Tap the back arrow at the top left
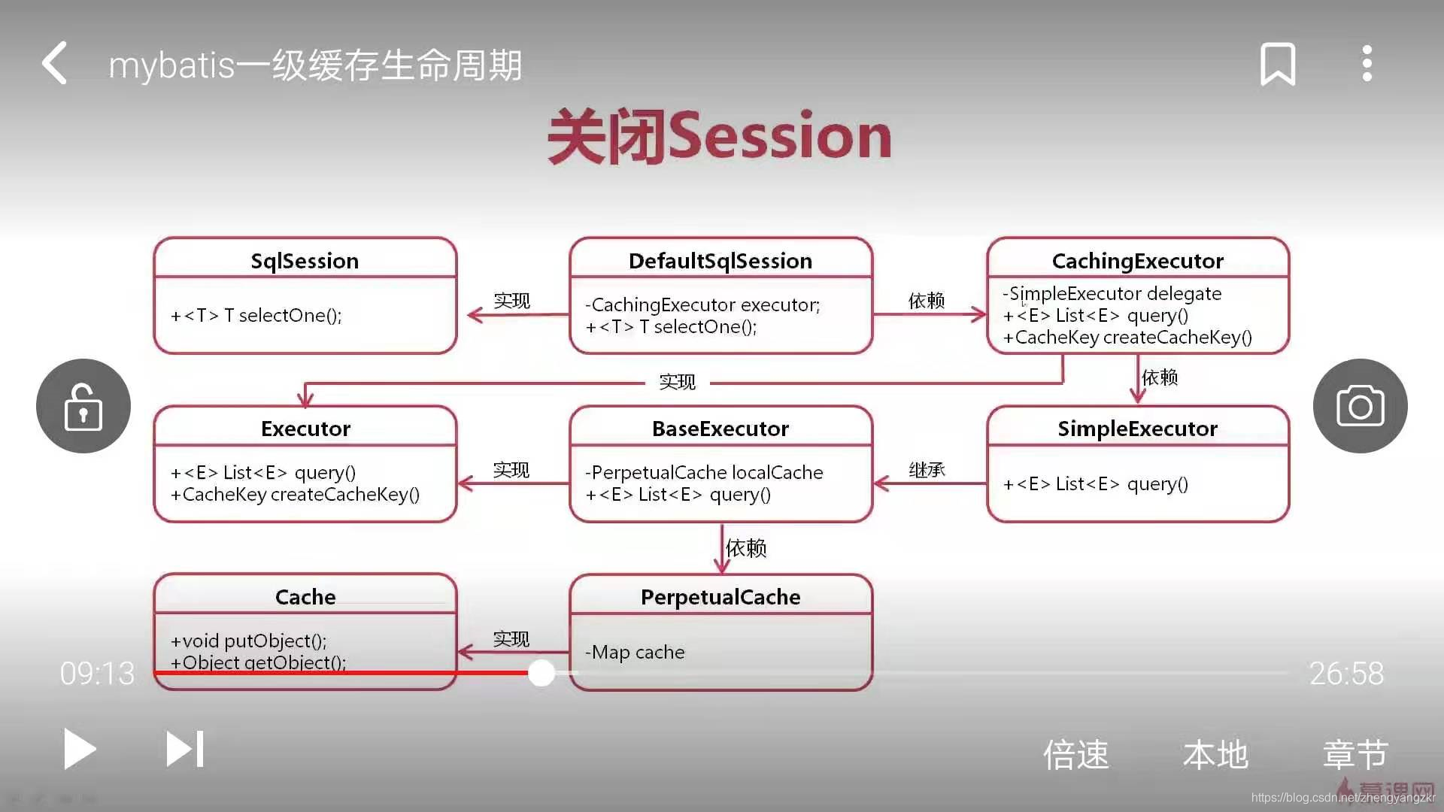55,62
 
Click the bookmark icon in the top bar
1278,63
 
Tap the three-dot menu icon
1367,63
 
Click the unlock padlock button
83,406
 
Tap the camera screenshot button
1360,406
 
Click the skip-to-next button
185,749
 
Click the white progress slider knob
541,673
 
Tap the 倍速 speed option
1075,754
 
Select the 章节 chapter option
1355,754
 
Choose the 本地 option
1215,754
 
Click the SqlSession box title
305,261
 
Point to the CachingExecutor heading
1137,261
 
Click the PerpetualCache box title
720,597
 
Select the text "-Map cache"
635,652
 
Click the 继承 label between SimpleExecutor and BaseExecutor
927,470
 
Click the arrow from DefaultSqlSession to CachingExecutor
930,314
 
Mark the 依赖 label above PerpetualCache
746,548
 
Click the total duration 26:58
1346,674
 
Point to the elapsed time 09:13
98,674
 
